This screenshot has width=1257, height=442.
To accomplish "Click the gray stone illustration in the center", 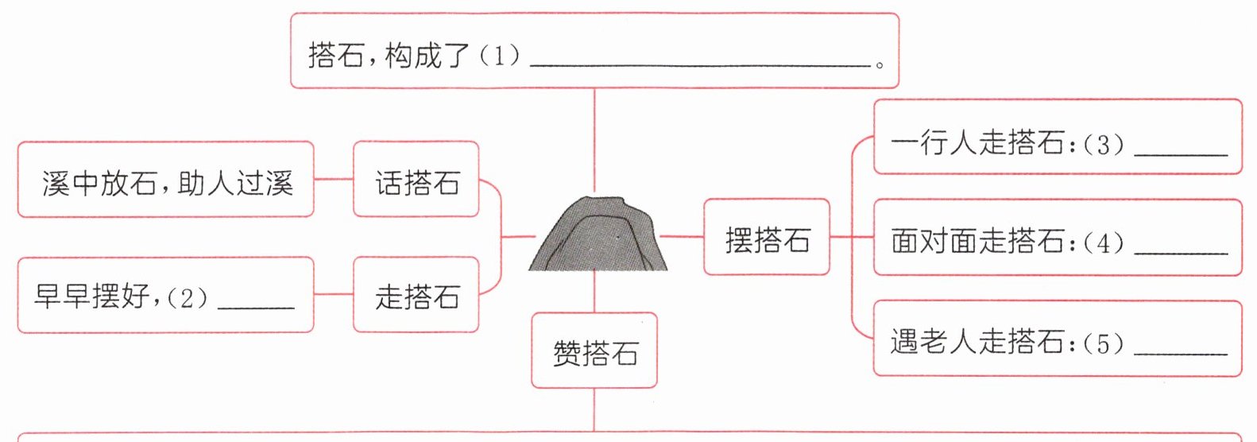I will point(598,235).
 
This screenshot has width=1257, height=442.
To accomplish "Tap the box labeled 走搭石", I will point(416,295).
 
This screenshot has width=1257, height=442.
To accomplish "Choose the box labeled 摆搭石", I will point(767,238).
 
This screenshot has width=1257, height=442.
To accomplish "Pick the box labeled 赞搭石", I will point(594,351).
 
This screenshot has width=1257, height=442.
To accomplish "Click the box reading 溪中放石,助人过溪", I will point(166,180).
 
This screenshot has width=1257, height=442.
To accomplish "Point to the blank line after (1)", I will point(699,64).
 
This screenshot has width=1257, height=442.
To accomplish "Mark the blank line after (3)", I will point(1181,153).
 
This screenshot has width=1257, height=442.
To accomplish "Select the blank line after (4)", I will point(1181,250).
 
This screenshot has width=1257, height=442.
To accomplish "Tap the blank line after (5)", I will point(1181,351).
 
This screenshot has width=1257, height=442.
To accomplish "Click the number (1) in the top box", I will point(500,55).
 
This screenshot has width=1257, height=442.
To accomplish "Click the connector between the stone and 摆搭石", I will point(682,236).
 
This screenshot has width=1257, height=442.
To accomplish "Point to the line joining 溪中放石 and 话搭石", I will point(334,179).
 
